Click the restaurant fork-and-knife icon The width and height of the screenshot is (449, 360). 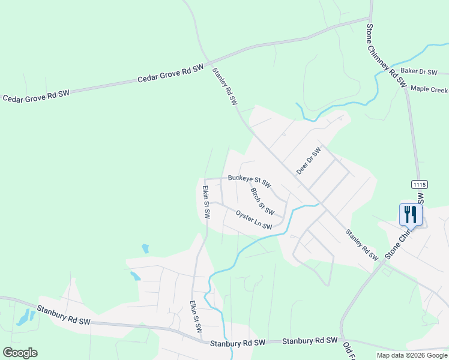[x=411, y=213]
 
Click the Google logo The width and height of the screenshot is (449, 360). [x=20, y=353]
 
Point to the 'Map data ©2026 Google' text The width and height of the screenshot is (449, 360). [x=411, y=355]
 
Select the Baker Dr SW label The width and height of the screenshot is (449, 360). [x=418, y=71]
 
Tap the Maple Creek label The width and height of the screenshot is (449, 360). [x=429, y=90]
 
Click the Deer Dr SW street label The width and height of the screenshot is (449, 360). [x=309, y=161]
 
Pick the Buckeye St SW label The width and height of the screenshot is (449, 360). [x=249, y=180]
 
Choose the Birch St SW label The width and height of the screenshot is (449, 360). [x=262, y=202]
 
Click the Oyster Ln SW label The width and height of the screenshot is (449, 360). [x=254, y=220]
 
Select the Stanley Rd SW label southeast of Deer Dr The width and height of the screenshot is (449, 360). [x=361, y=245]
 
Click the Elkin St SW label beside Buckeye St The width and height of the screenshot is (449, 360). [x=205, y=202]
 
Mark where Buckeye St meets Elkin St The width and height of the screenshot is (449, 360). [x=205, y=179]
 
